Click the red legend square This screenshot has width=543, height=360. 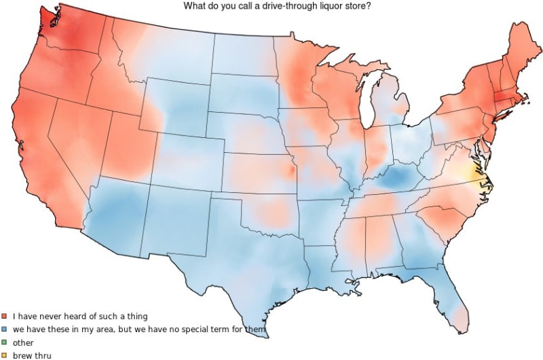[x=4, y=317]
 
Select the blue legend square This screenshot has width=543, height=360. [x=4, y=329]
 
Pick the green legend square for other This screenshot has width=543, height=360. [x=4, y=342]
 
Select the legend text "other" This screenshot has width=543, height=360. [x=23, y=342]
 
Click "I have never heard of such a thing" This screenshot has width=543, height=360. [x=80, y=317]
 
